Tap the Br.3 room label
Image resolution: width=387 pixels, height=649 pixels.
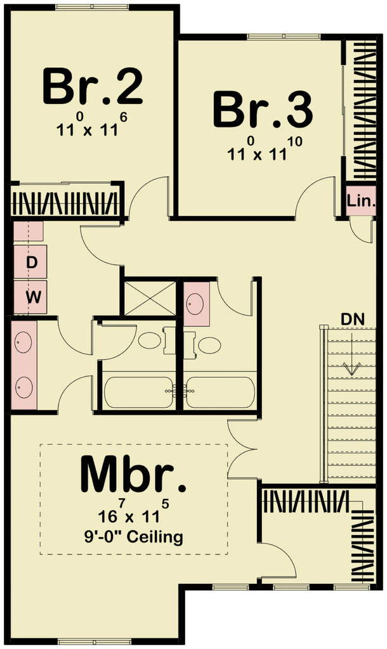[262, 110]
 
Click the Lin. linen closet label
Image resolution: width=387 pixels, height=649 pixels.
[362, 202]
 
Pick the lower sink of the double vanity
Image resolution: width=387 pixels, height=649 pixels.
[24, 386]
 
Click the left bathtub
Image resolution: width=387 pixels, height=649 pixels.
[138, 393]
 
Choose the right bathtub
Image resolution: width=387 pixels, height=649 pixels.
[220, 393]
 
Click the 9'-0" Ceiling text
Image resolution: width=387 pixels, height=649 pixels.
[134, 537]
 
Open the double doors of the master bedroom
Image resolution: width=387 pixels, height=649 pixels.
[242, 451]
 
